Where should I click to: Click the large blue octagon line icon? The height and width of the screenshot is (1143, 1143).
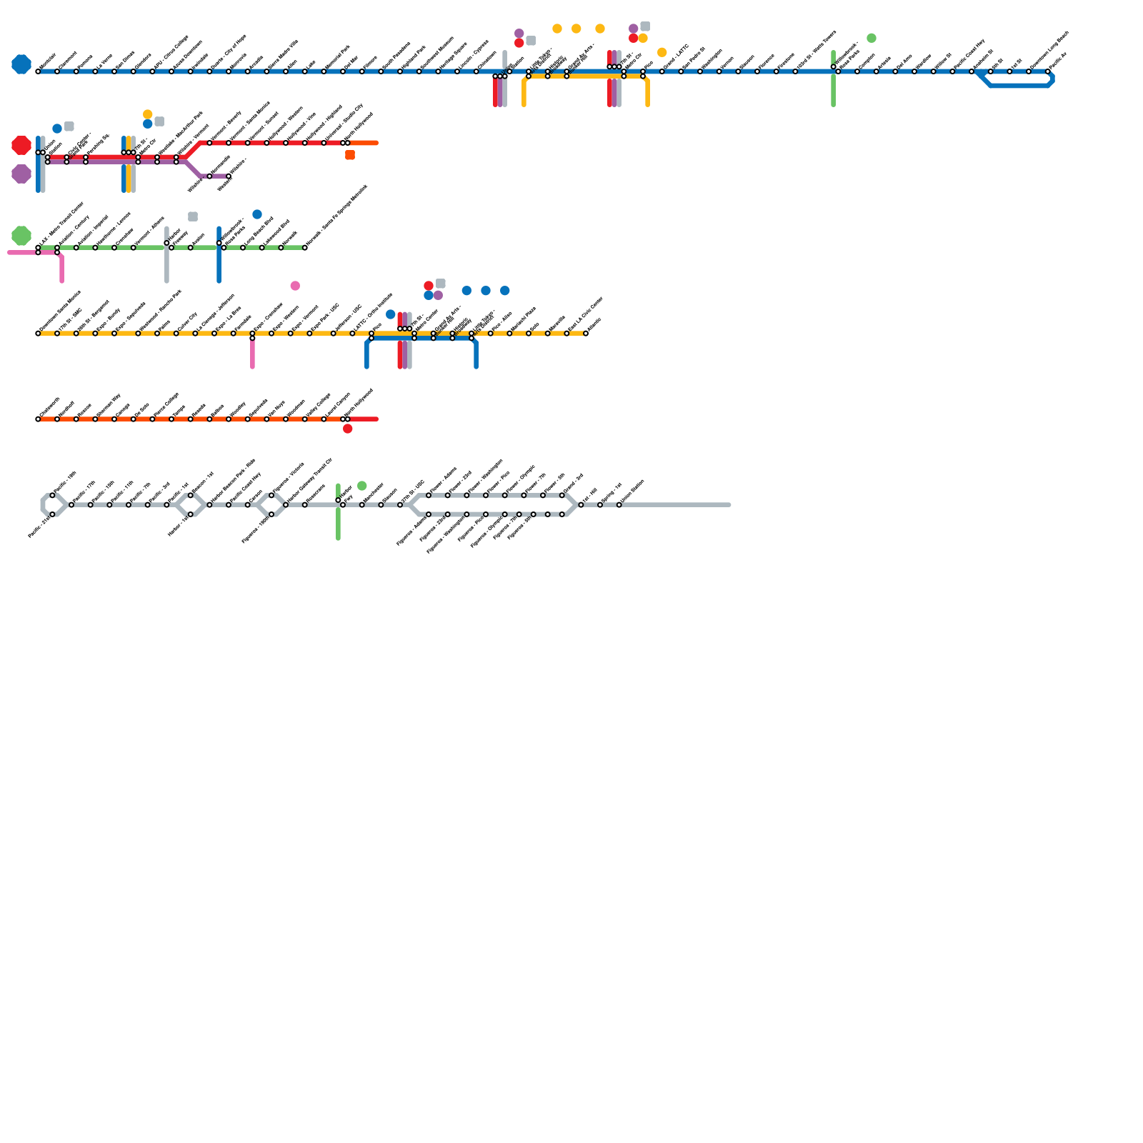21,64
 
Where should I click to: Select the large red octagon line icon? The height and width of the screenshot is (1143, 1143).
21,145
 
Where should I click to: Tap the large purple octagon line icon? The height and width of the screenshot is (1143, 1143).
21,174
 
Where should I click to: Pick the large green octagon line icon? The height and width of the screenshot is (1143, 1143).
21,236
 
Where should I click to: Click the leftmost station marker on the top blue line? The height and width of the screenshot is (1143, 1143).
38,71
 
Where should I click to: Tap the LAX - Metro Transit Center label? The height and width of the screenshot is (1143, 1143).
61,224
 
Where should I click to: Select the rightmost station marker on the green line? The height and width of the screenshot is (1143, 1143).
305,248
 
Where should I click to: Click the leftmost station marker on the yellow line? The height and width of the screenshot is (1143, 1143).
38,334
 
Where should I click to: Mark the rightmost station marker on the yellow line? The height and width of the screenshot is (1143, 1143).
586,334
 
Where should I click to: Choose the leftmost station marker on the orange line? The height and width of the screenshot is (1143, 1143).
38,419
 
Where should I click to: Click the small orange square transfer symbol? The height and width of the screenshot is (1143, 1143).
350,155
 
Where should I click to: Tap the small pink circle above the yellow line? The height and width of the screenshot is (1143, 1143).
295,286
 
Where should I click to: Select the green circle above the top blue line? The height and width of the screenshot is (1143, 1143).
872,38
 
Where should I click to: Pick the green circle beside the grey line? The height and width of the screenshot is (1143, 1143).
362,486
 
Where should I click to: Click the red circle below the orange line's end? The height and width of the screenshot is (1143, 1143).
348,429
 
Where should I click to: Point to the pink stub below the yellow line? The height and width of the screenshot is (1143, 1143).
253,354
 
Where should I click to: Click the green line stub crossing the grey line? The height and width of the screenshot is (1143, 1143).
338,525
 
